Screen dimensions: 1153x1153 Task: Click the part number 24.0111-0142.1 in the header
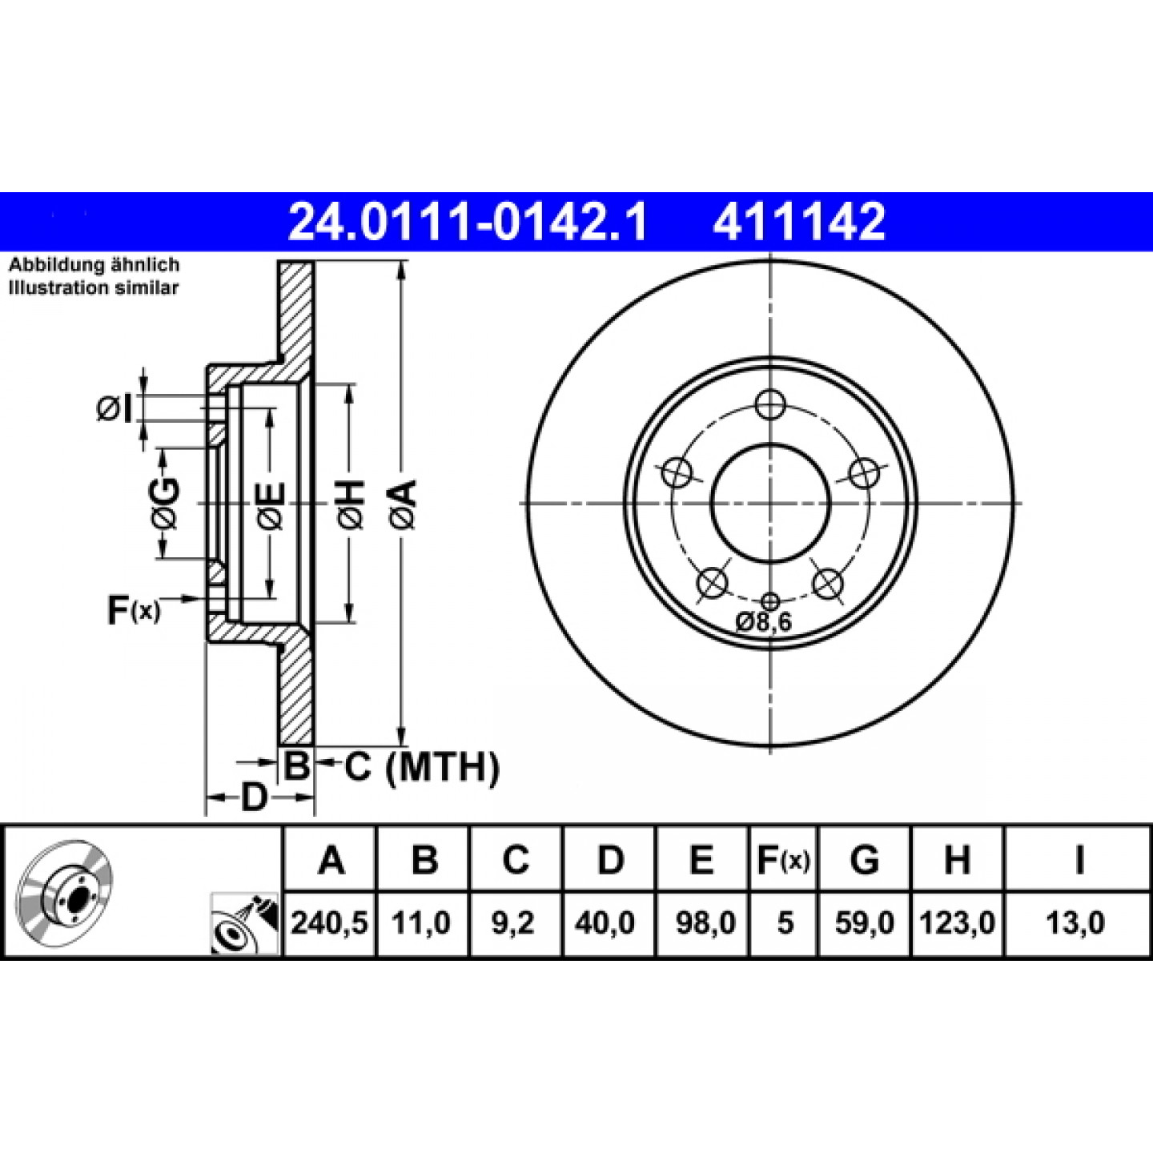tap(467, 221)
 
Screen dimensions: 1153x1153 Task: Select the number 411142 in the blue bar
tap(798, 221)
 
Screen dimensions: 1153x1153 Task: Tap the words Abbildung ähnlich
tap(94, 264)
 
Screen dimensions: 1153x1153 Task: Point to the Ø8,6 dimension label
tap(763, 622)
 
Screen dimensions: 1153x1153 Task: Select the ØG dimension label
tap(164, 503)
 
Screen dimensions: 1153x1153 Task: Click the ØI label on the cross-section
tap(114, 409)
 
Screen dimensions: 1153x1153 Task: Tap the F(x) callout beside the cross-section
tap(134, 609)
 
